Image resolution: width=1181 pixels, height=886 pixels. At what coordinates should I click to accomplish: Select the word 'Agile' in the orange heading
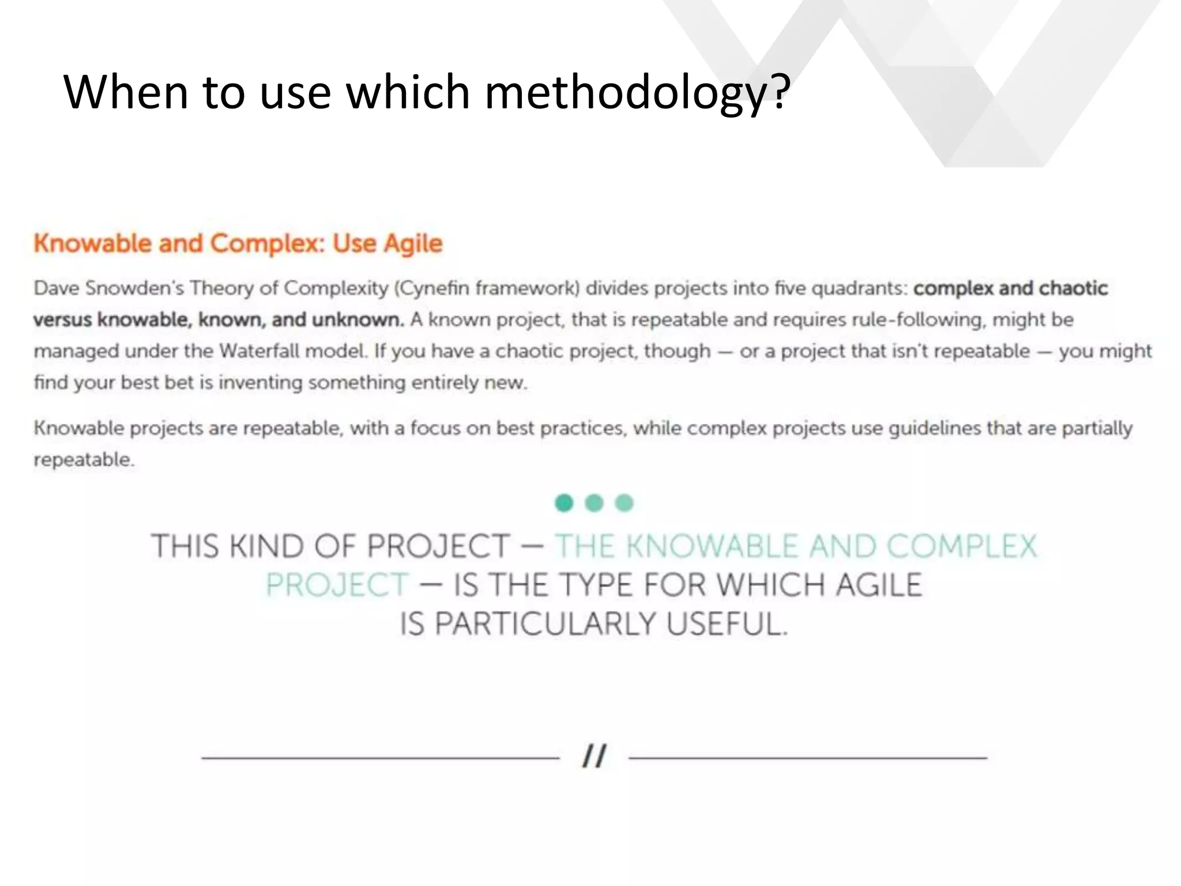coord(413,244)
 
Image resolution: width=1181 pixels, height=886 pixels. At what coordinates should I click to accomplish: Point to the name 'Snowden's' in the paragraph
coord(134,288)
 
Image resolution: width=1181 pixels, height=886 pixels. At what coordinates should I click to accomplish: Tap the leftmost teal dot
coord(564,503)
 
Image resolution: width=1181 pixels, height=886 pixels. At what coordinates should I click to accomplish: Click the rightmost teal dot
coord(624,503)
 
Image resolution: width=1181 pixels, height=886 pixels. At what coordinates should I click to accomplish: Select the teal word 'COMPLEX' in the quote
coord(961,546)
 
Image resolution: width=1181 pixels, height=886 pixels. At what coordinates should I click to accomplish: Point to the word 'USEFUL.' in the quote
coord(727,624)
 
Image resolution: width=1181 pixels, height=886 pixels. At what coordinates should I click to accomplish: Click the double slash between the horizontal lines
coord(594,756)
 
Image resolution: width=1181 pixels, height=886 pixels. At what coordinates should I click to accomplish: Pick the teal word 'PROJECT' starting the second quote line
coord(337,585)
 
